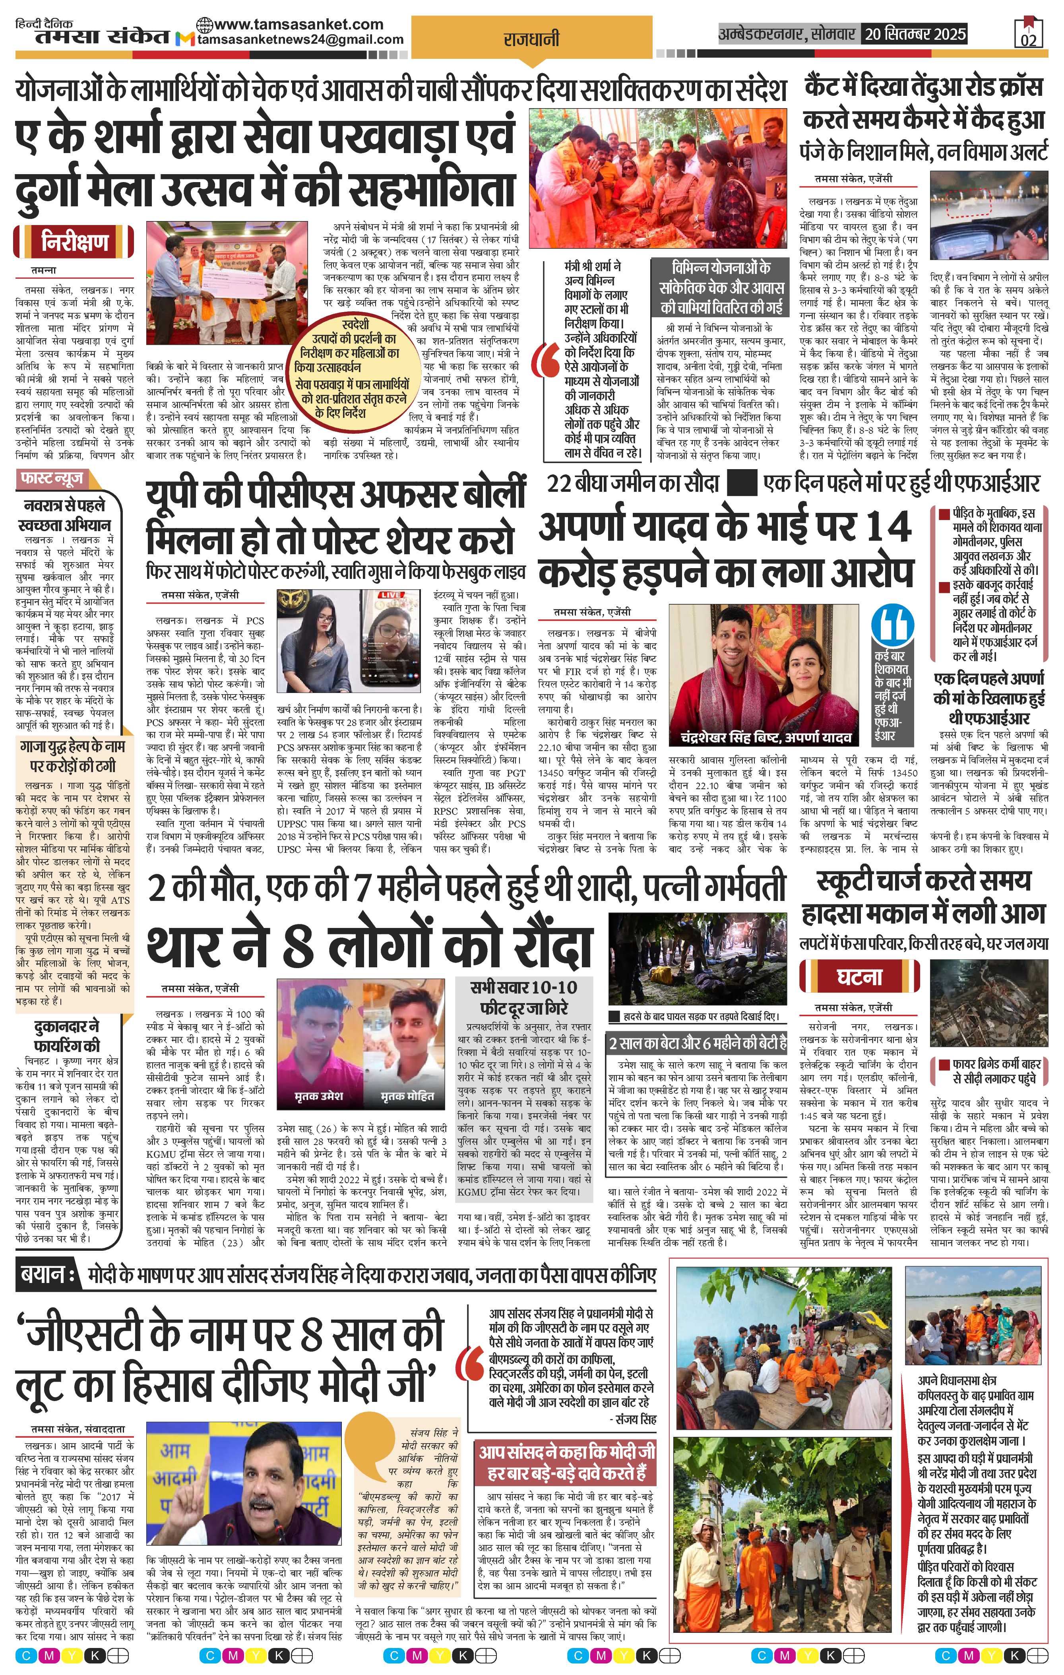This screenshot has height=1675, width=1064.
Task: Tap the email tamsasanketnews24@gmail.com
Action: [300, 40]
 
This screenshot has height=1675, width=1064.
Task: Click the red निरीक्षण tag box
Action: [74, 243]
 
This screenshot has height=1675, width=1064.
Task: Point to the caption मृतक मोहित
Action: [407, 1096]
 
